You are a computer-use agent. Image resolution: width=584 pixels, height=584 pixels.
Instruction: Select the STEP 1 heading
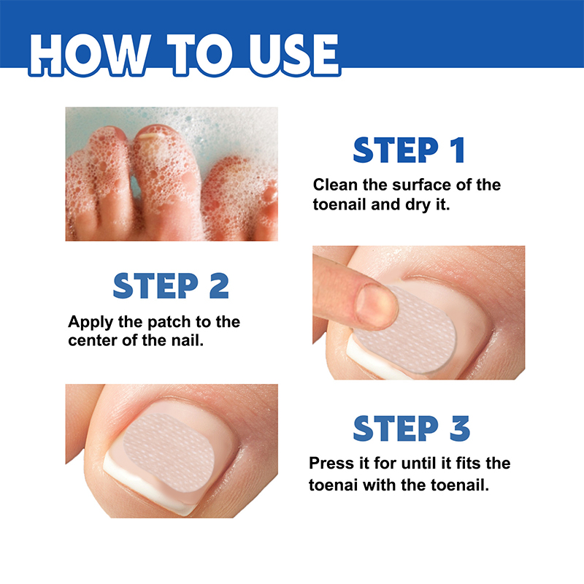(x=409, y=150)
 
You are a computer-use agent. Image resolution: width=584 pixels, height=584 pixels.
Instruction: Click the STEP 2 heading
(x=171, y=285)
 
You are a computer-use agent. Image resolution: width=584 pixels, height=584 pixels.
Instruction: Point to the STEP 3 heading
(x=411, y=429)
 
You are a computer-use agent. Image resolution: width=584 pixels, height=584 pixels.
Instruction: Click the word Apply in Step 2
(x=91, y=323)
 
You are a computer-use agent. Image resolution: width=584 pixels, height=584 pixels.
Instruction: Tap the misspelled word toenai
(x=333, y=485)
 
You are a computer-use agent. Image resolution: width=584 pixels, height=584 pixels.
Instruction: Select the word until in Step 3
(x=419, y=464)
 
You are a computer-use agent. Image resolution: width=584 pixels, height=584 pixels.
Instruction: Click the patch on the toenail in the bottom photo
(x=169, y=453)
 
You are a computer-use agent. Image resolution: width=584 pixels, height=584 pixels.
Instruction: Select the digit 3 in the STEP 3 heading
(x=460, y=429)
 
